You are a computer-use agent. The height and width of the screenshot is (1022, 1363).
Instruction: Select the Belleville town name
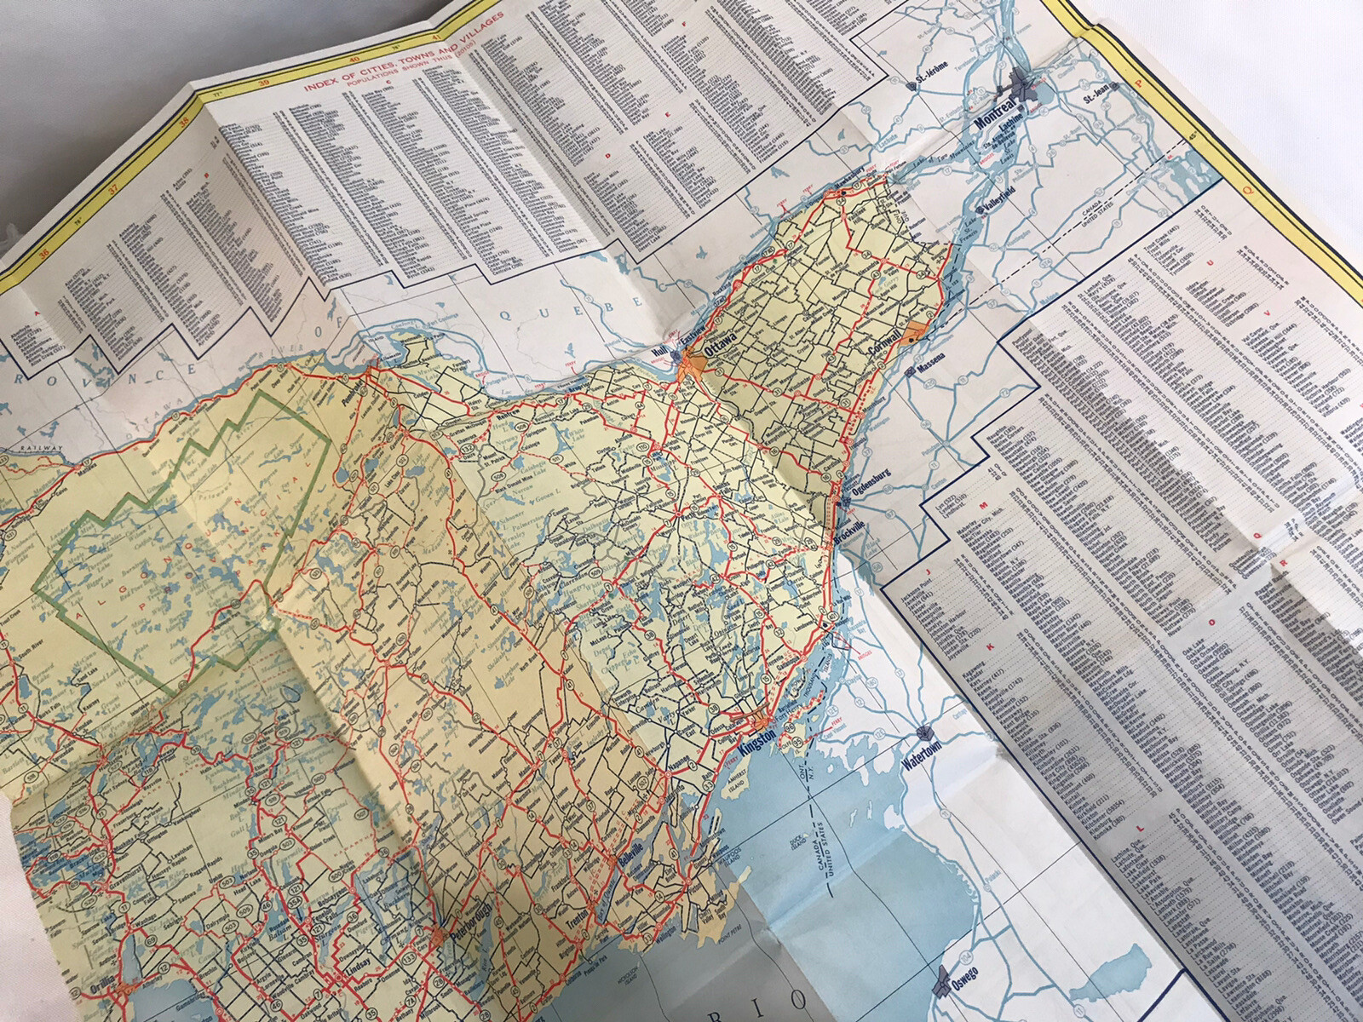tap(628, 876)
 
